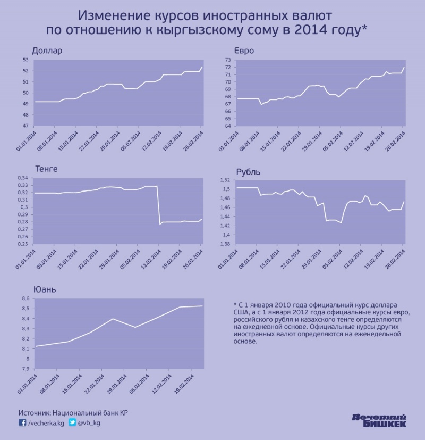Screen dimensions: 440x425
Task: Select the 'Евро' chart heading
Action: click(244, 51)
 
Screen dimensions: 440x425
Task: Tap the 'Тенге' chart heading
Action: click(46, 169)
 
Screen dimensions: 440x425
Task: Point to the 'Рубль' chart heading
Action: click(248, 172)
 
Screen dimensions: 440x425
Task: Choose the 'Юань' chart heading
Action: click(45, 290)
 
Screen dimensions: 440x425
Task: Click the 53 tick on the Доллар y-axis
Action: click(25, 60)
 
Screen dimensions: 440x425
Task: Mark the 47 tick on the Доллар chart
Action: click(25, 126)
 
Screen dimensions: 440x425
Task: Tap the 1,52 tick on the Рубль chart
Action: click(225, 181)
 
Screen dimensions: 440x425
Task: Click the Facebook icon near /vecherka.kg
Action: click(22, 423)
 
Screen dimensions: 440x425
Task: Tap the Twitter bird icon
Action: click(72, 423)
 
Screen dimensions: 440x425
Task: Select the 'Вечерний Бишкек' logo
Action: click(380, 420)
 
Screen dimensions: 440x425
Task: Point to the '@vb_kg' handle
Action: click(89, 423)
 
